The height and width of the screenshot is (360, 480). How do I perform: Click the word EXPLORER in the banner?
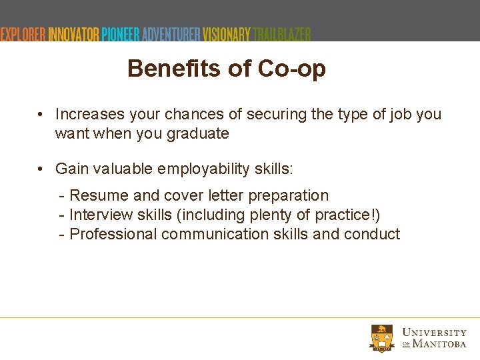coord(23,34)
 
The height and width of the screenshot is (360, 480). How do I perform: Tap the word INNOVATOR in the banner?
coord(73,34)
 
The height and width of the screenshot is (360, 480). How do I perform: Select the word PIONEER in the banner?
coord(121,34)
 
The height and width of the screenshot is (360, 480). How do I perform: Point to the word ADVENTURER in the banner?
coord(171,34)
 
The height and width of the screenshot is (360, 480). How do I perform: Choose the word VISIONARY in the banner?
coord(227,34)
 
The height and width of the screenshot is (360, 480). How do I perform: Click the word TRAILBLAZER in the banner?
coord(282,34)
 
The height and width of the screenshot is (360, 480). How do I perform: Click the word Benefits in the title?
coord(169,68)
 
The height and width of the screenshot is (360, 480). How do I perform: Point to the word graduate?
coord(197,133)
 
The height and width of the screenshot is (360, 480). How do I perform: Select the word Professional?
coord(113,234)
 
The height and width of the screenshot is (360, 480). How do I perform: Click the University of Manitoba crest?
coord(383,337)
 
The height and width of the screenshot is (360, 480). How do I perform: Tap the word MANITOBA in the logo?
coord(439,343)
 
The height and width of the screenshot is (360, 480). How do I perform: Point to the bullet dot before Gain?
coord(41,169)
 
